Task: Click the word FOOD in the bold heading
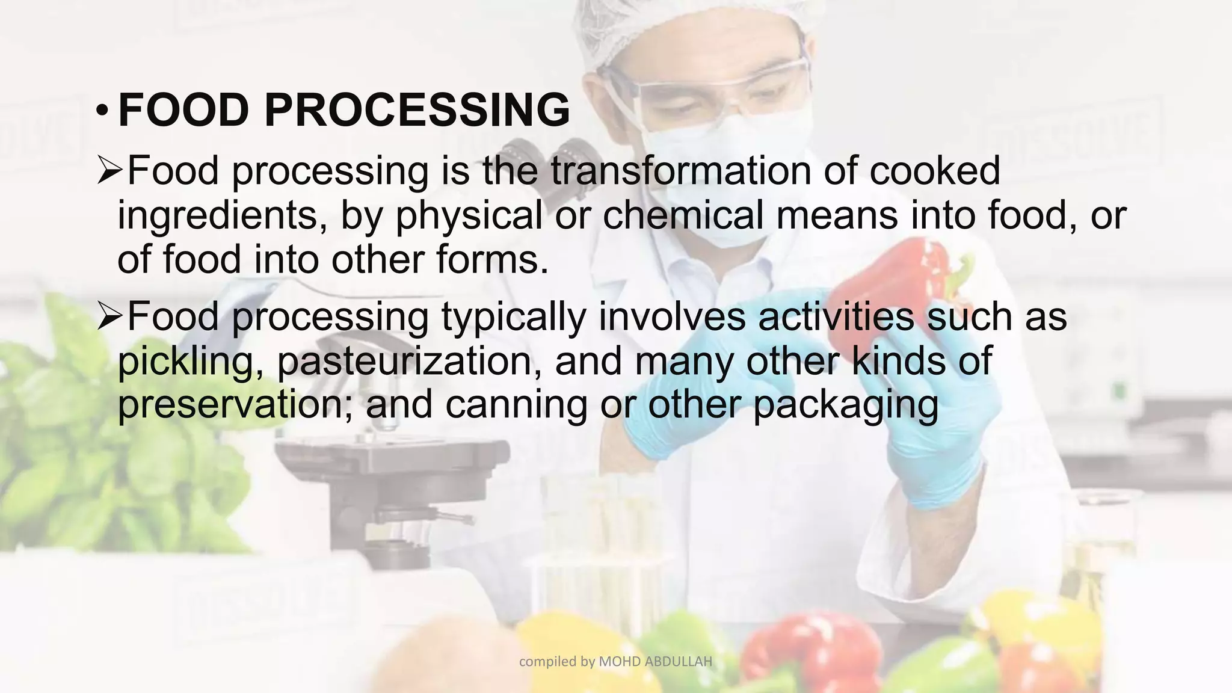pyautogui.click(x=183, y=110)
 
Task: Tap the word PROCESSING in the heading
pyautogui.click(x=416, y=110)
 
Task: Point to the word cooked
pyautogui.click(x=935, y=171)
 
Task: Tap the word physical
pyautogui.click(x=469, y=215)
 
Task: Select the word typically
pyautogui.click(x=514, y=318)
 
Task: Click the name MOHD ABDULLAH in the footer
pyautogui.click(x=656, y=662)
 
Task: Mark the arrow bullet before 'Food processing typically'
pyautogui.click(x=109, y=318)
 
